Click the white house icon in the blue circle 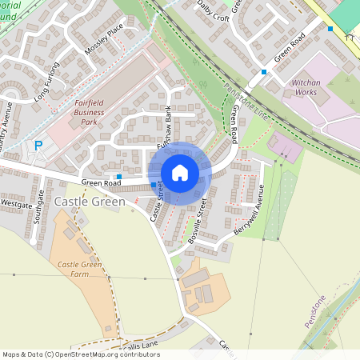tap(180, 173)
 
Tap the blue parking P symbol tap(38, 146)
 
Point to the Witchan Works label tap(306, 87)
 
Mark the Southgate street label tap(41, 206)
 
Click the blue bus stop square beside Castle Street tap(154, 184)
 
